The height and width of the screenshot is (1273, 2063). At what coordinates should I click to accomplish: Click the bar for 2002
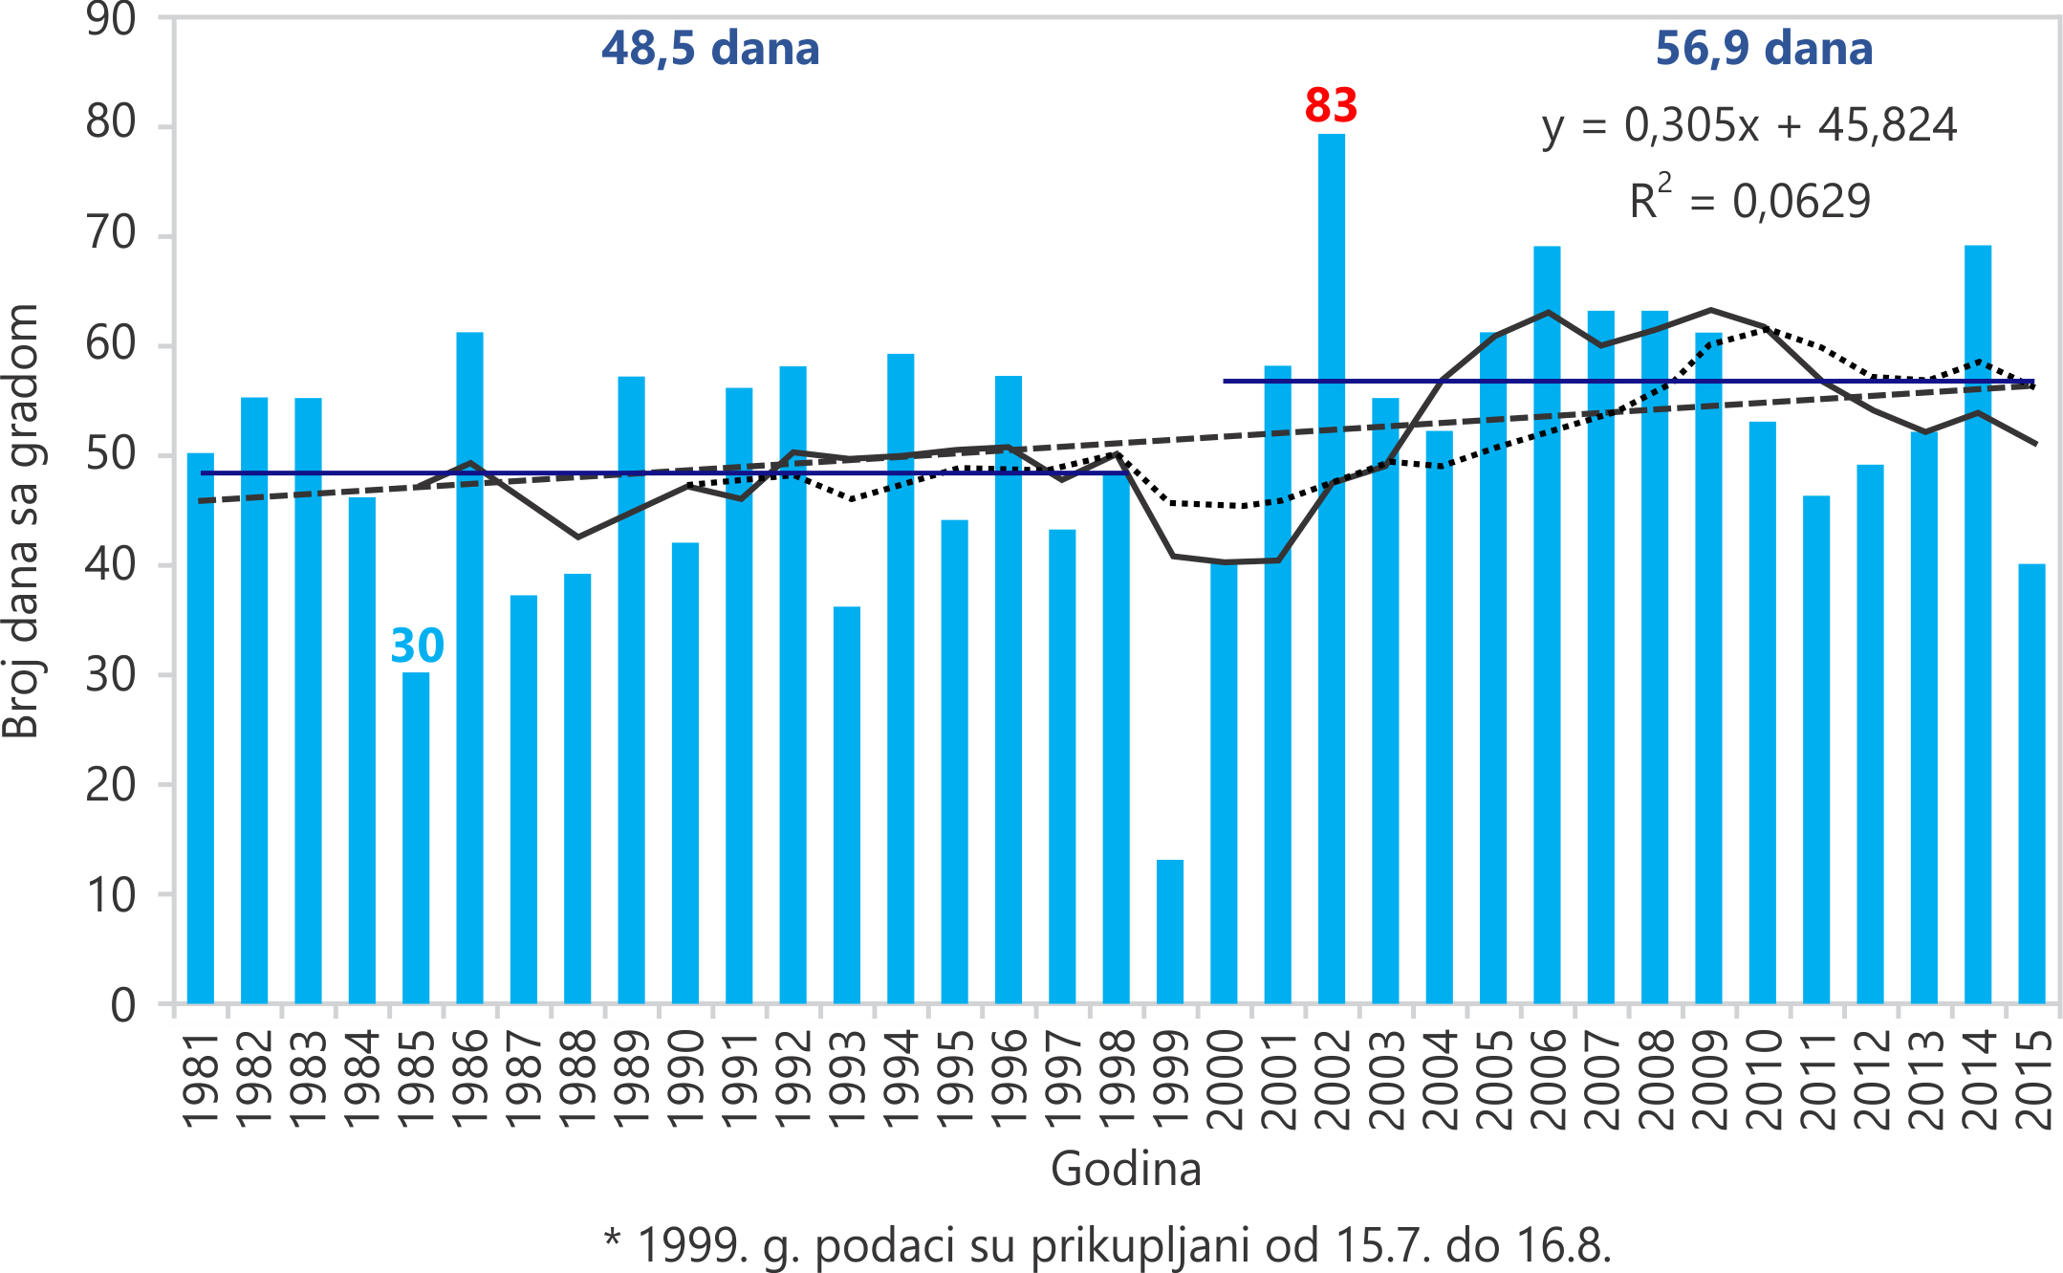click(x=1331, y=574)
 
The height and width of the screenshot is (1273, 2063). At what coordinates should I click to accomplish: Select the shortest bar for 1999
click(x=1169, y=933)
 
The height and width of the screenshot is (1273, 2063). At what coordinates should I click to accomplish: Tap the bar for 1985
click(x=416, y=842)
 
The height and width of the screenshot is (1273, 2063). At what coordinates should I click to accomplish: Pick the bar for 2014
click(x=1977, y=622)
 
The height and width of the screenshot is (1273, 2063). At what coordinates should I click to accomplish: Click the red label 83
click(x=1331, y=105)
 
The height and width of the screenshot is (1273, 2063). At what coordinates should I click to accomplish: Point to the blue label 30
click(x=418, y=646)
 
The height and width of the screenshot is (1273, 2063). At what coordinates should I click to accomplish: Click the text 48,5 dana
click(x=710, y=49)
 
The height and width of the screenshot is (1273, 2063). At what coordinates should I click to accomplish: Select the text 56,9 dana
click(x=1764, y=49)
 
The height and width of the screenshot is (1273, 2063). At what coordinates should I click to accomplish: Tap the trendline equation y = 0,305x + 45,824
click(x=1749, y=126)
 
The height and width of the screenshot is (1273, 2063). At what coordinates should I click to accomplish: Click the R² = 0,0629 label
click(x=1749, y=201)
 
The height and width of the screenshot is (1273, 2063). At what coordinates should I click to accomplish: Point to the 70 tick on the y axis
click(x=111, y=233)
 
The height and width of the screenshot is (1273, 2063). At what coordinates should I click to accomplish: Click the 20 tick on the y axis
click(x=111, y=784)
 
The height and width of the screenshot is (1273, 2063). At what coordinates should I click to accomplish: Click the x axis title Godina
click(x=1125, y=1169)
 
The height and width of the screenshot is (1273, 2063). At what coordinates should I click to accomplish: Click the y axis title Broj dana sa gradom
click(x=21, y=521)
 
